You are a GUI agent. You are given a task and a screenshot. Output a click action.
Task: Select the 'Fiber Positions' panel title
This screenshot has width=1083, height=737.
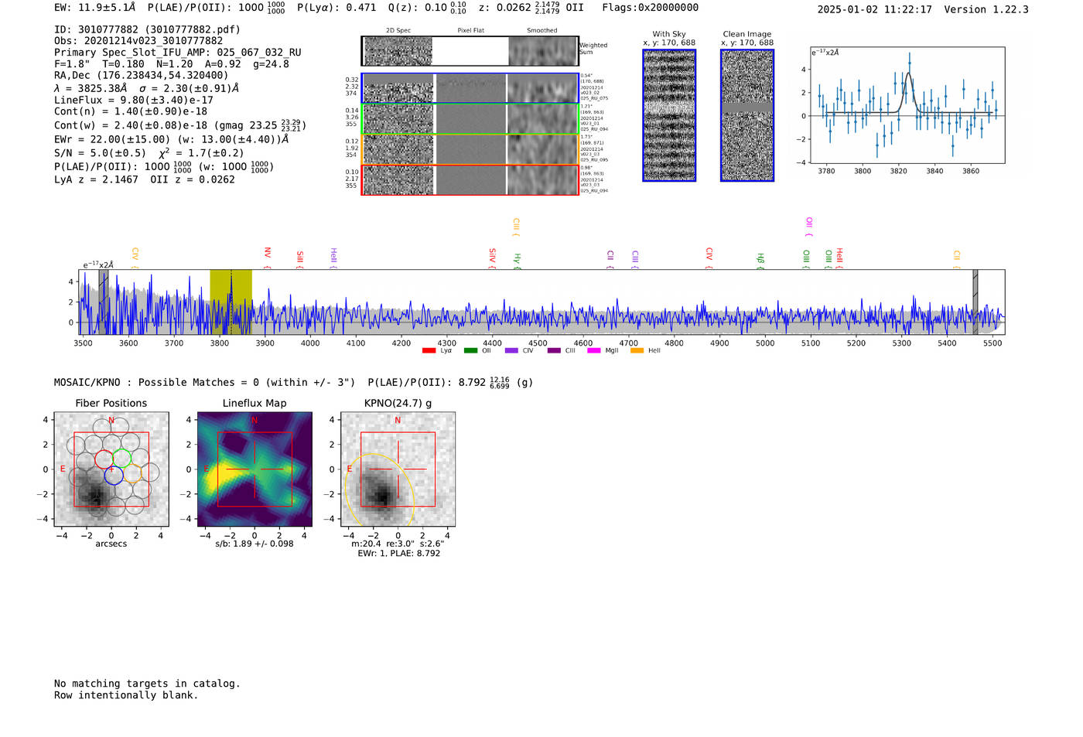[x=111, y=403]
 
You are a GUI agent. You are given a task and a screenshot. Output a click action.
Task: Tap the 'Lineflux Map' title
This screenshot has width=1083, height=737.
[x=255, y=403]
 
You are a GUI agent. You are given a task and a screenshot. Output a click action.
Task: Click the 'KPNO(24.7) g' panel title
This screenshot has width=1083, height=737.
[x=398, y=403]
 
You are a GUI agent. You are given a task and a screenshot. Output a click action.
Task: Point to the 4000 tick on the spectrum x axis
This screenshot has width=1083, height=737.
[x=310, y=343]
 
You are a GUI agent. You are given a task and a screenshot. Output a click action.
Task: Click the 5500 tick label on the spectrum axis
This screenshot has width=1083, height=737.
[x=992, y=343]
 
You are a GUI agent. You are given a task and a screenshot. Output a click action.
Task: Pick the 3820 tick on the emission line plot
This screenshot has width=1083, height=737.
[x=898, y=171]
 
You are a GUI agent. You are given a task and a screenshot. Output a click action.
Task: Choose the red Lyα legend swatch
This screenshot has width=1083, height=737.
[x=429, y=351]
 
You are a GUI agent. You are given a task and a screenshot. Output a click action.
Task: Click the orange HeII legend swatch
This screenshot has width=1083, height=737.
[x=637, y=351]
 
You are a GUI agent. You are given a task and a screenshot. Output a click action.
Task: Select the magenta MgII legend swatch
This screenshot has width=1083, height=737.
[x=593, y=351]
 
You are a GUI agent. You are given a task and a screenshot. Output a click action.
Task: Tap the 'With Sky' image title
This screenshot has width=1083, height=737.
[x=669, y=34]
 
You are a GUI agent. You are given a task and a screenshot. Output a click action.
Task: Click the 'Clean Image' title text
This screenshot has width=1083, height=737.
[x=747, y=34]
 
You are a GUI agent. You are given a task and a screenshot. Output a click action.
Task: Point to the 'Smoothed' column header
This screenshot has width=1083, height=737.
[x=541, y=31]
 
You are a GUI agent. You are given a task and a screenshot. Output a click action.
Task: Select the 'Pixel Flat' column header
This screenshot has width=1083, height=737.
[x=470, y=31]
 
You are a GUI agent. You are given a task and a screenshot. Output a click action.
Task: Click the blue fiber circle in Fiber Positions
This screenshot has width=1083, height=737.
[x=114, y=476]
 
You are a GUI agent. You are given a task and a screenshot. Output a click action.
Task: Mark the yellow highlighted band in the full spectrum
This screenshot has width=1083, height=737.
[x=231, y=302]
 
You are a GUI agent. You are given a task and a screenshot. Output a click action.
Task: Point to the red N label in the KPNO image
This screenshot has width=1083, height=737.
[x=398, y=421]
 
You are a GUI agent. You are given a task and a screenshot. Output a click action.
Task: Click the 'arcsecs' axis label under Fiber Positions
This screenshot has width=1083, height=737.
[x=111, y=544]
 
